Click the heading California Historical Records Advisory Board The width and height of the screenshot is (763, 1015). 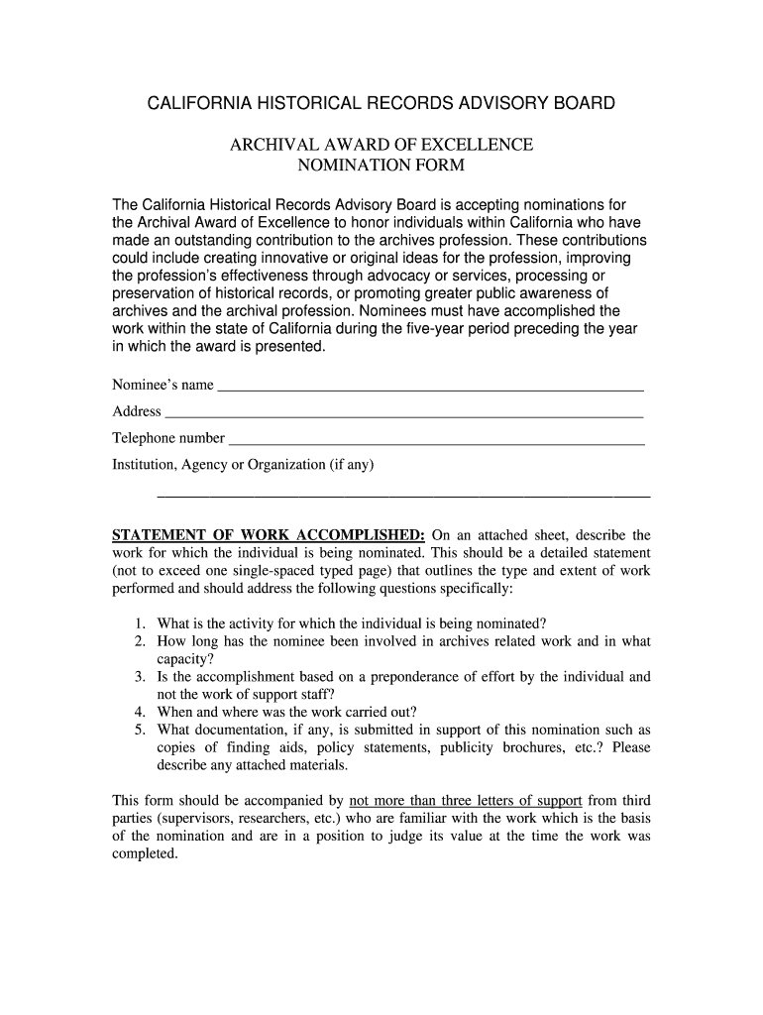pos(381,103)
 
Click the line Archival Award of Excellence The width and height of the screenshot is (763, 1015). pos(381,145)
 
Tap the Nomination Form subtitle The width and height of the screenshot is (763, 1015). pos(381,166)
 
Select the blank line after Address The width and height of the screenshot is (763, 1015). pos(403,414)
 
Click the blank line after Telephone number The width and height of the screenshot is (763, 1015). pos(436,441)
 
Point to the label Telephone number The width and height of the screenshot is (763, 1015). pos(168,438)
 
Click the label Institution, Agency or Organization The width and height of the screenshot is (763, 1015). pos(243,464)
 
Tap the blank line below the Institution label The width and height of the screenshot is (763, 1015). pos(404,493)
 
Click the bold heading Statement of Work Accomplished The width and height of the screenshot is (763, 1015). pos(269,535)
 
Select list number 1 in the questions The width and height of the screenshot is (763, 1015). pos(141,623)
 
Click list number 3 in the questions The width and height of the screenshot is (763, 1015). pos(141,677)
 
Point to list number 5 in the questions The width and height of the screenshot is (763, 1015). pos(141,731)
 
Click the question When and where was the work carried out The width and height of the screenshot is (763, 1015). pos(287,712)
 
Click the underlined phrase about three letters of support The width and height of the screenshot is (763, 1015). pos(466,800)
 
